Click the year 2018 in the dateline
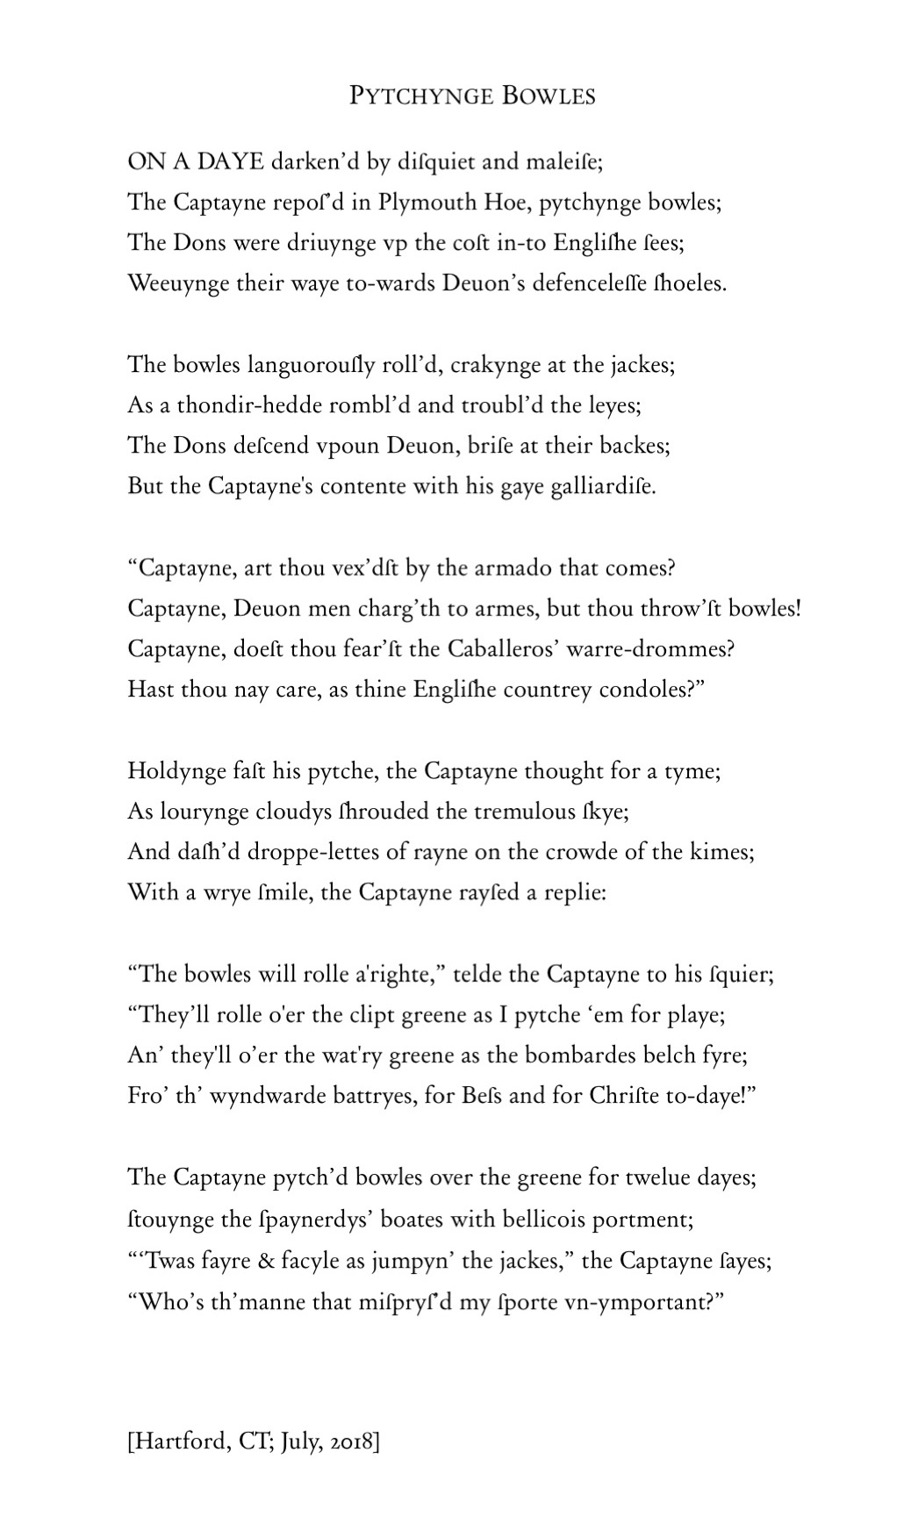click(x=354, y=1442)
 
